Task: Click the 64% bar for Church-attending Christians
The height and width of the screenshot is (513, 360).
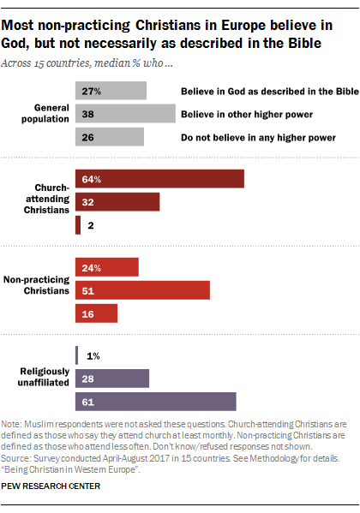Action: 159,178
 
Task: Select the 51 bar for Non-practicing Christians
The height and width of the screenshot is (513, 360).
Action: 142,290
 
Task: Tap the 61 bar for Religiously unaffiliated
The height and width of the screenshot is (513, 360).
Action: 155,402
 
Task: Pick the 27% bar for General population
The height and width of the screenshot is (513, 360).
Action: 111,90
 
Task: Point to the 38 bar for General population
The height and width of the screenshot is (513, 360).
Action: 125,112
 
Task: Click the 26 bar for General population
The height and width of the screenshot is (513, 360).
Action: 110,135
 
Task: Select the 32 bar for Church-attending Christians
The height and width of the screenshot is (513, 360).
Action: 117,201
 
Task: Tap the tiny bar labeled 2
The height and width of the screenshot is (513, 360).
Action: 78,224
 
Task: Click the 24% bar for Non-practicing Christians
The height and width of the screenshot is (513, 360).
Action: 107,267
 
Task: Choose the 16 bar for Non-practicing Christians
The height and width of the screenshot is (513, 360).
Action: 96,313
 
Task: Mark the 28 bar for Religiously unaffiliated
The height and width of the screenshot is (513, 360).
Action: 112,379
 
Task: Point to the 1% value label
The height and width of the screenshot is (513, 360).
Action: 93,355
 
